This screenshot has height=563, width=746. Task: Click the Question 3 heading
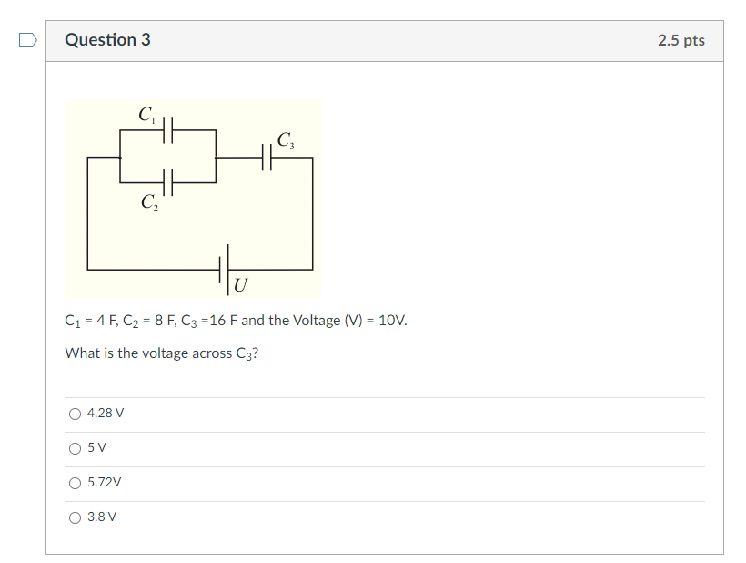107,40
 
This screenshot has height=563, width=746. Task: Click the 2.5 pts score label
680,40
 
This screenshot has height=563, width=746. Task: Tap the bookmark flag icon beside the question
28,40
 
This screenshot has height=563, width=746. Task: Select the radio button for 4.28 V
75,414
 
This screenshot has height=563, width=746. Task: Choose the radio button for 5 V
75,448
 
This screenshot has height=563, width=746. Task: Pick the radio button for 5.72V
75,483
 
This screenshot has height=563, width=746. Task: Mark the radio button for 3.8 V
75,517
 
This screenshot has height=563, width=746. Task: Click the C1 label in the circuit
147,114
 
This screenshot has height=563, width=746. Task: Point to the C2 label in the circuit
149,202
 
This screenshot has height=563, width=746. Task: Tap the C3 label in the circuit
285,140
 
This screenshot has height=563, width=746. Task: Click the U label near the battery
240,285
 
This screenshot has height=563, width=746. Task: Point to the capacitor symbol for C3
267,158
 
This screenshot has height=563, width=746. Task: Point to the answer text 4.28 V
106,414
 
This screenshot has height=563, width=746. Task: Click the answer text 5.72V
105,483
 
